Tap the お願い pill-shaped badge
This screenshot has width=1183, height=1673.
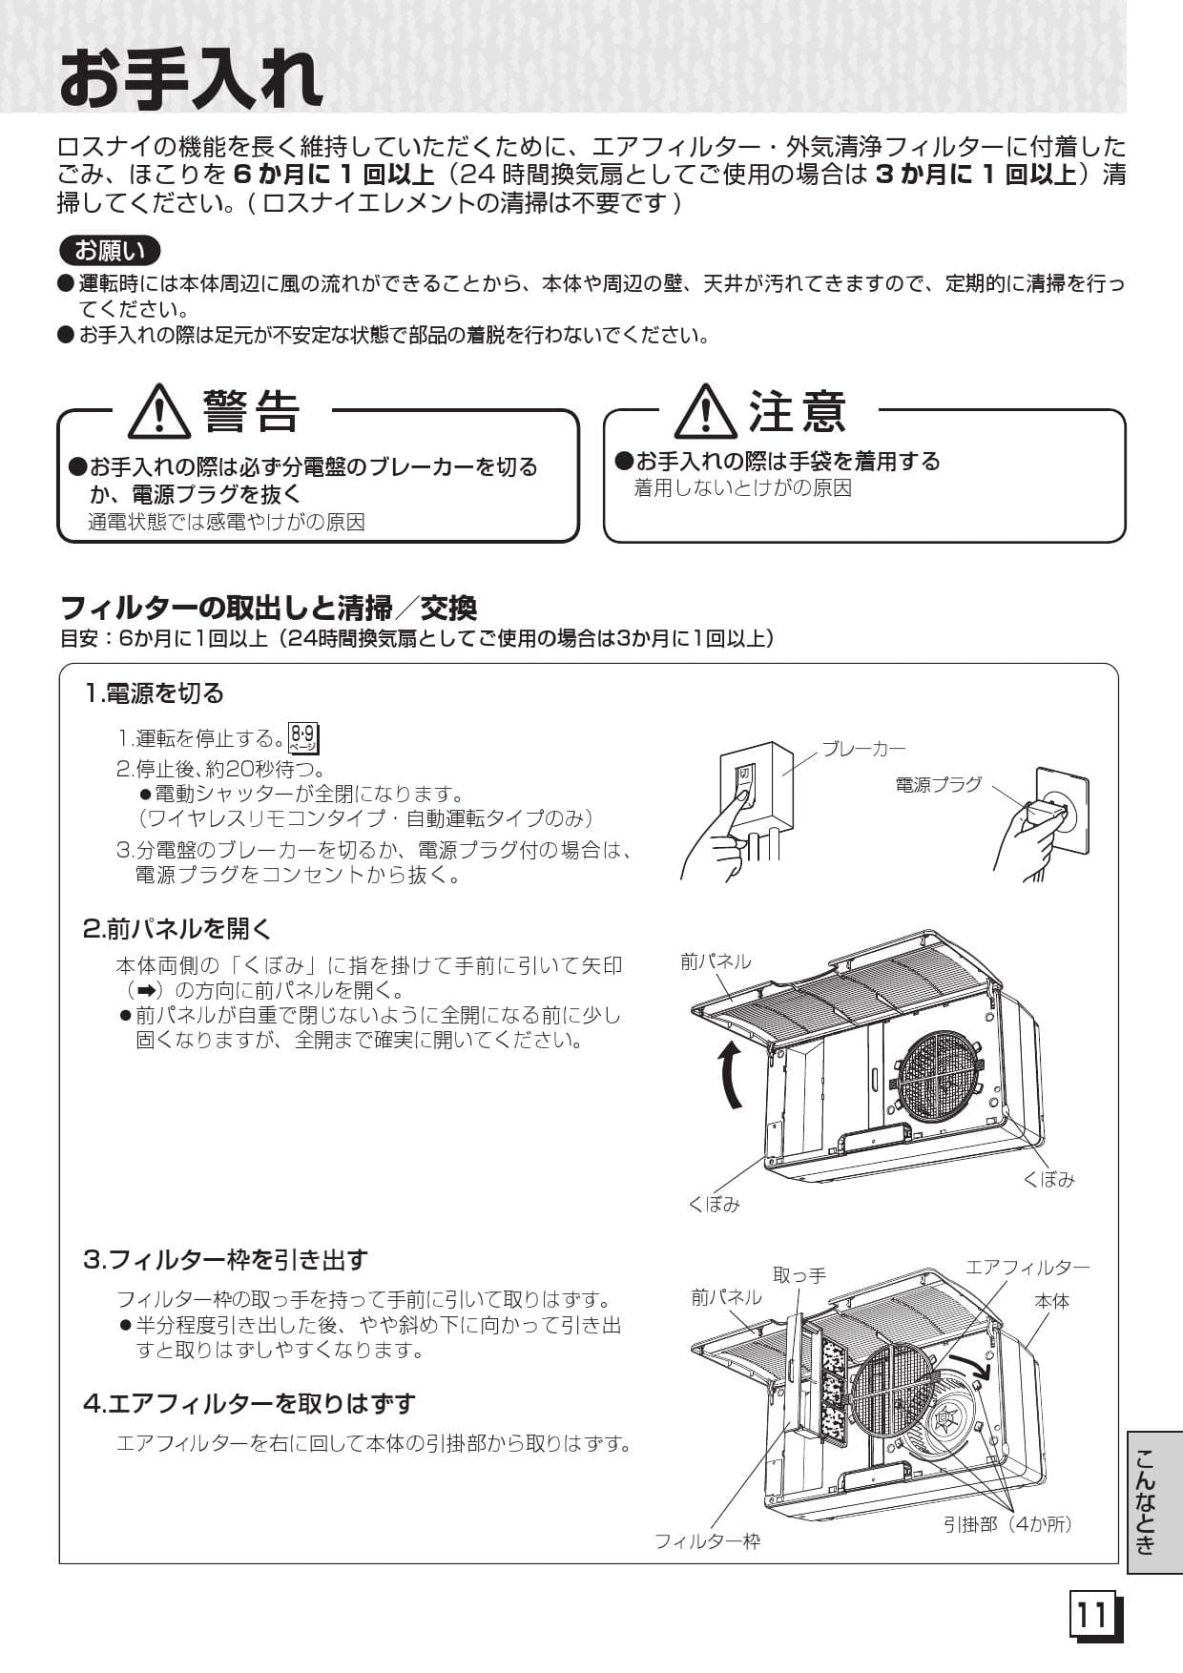coord(110,251)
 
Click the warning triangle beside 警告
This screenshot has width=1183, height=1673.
coord(159,412)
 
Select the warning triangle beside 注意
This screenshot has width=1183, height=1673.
coord(705,412)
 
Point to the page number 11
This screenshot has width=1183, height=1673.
coord(1093,1616)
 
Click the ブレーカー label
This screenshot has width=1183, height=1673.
coord(863,750)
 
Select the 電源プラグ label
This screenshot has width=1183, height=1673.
coord(938,785)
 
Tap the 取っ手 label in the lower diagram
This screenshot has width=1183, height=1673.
coord(799,1275)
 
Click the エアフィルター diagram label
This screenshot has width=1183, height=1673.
coord(1027,1268)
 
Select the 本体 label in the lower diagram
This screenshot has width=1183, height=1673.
coord(1051,1301)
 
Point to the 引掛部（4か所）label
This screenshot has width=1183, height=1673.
coord(1007,1524)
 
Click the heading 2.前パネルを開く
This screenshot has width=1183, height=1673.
coord(177,929)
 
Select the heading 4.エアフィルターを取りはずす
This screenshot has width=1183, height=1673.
coord(249,1404)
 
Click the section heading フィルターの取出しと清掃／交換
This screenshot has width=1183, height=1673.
coord(268,608)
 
